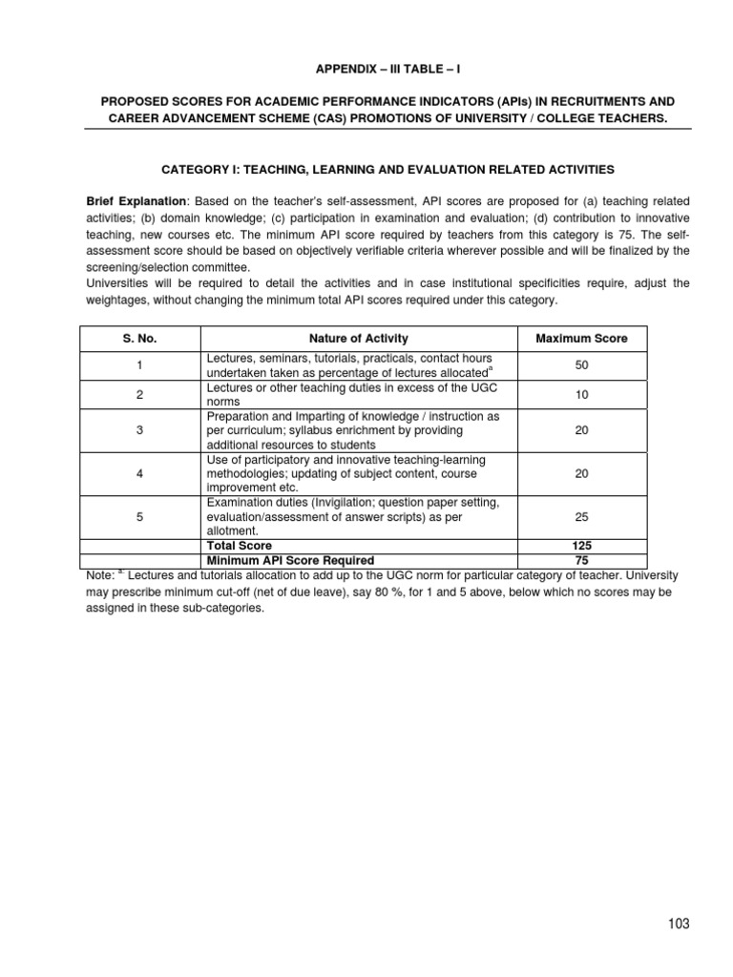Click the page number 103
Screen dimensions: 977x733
pos(677,923)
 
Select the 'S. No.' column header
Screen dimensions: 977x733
pos(140,339)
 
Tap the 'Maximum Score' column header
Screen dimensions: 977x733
pos(581,339)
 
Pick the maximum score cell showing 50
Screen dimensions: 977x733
pos(581,365)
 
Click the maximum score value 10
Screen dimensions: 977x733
pos(581,394)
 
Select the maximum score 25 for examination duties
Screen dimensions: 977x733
pos(581,516)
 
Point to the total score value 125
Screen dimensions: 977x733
pos(581,546)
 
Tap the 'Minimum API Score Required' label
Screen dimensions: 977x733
pos(290,560)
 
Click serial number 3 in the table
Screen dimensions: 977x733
pos(140,430)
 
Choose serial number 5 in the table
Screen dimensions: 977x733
pos(140,516)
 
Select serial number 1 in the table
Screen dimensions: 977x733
pos(140,365)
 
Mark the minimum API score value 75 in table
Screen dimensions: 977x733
pos(581,560)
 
